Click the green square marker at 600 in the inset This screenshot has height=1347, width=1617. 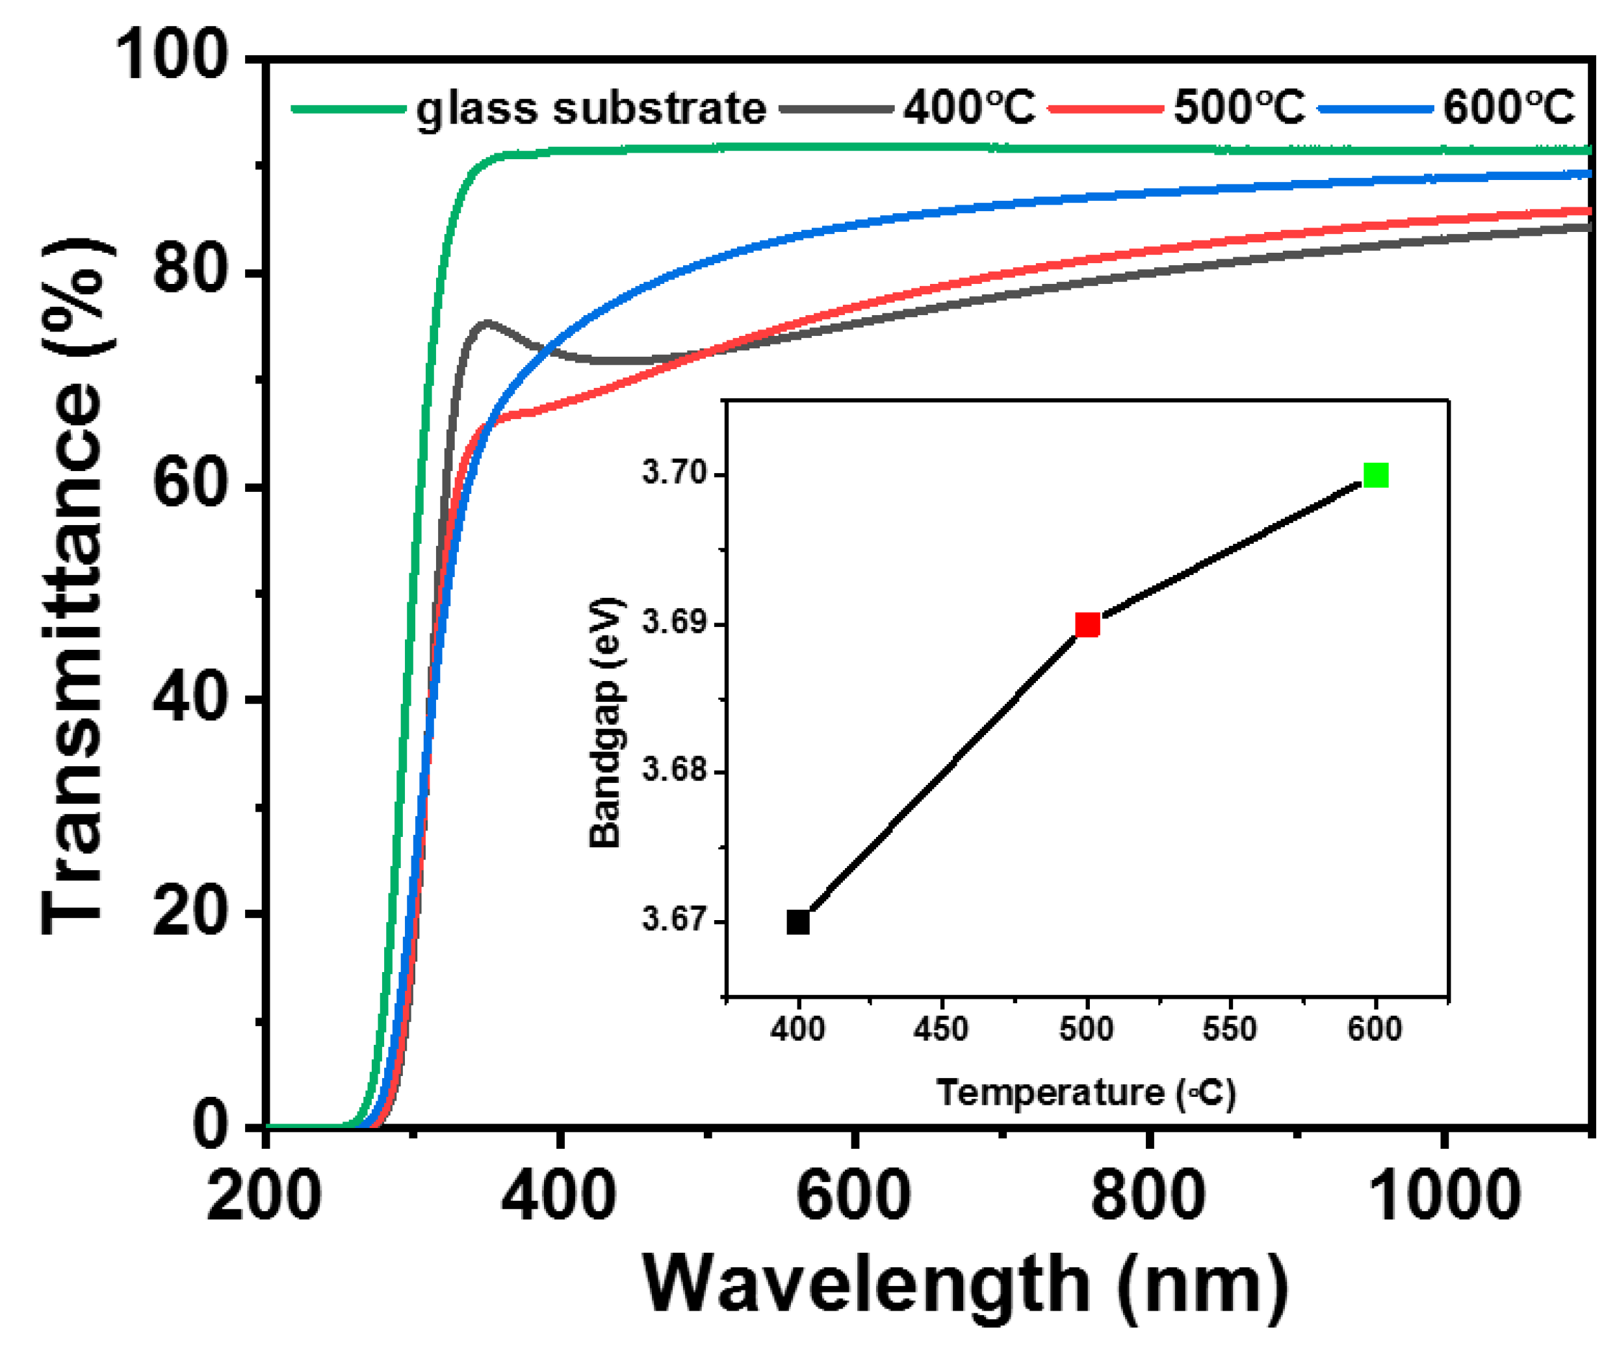click(1376, 476)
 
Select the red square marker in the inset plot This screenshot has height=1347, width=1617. click(1087, 625)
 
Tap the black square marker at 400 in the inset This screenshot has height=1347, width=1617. click(799, 921)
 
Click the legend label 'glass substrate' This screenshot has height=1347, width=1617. click(591, 109)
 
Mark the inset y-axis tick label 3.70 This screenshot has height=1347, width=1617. click(675, 472)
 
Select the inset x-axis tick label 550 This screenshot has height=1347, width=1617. click(1230, 1029)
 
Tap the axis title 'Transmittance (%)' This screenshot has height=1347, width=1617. click(73, 585)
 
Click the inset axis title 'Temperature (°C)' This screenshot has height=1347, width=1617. click(1086, 1093)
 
